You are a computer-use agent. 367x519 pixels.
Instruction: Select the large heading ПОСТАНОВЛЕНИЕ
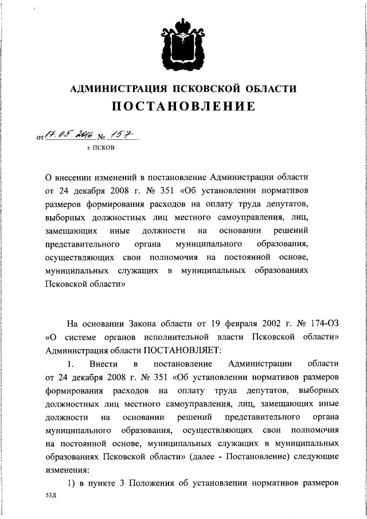click(x=183, y=107)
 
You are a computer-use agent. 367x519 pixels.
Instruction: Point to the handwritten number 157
click(x=119, y=135)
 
